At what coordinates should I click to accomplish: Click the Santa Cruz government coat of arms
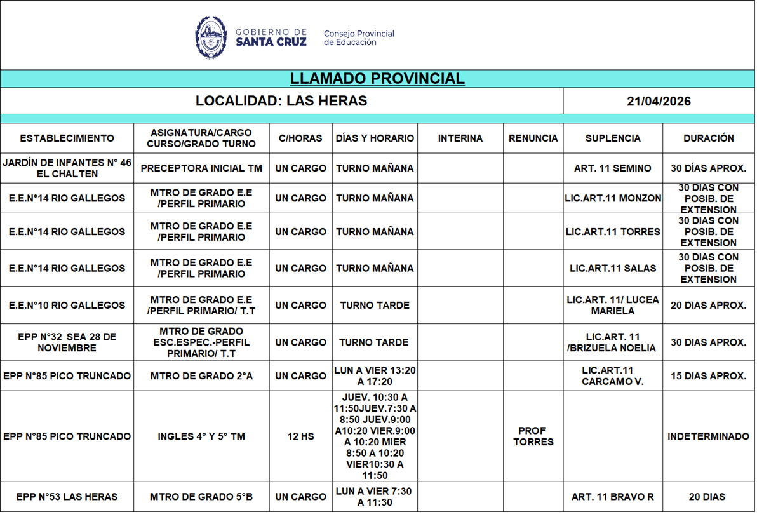coord(211,37)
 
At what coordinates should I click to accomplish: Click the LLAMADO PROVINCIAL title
coord(377,79)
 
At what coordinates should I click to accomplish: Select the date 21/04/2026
coord(659,102)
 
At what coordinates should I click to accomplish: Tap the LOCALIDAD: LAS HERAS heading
coord(281,101)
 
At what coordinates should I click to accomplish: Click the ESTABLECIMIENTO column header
coord(67,138)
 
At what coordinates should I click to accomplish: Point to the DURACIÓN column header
coord(709,138)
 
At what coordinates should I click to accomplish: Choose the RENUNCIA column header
coord(533,138)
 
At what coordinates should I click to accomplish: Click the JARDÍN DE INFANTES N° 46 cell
coord(67,168)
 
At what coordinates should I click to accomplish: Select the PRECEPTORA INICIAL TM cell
coord(201,168)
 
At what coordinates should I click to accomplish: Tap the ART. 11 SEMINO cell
coord(612,168)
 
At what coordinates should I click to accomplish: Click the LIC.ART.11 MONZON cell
coord(613,198)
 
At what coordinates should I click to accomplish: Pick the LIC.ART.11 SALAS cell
coord(613,268)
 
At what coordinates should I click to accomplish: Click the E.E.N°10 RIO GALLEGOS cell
coord(67,306)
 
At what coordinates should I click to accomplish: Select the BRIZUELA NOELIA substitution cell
coord(613,342)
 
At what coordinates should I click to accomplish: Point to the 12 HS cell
coord(300,436)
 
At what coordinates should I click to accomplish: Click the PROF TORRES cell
coord(533,436)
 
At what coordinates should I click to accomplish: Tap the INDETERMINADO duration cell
coord(708,436)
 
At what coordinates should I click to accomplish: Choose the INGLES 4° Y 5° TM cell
coord(201,436)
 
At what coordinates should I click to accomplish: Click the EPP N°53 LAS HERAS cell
coord(67,497)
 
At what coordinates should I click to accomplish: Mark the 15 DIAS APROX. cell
coord(708,376)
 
